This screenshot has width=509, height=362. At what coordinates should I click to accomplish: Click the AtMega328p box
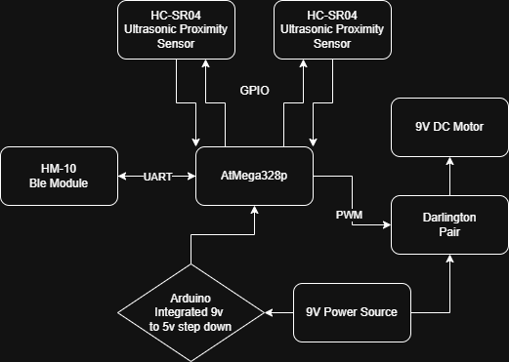tap(254, 177)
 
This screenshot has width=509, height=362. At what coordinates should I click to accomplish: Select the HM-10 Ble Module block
tap(59, 177)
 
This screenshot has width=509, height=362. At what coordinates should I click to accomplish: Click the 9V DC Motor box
tap(449, 127)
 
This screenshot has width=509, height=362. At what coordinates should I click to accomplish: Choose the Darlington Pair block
tap(449, 224)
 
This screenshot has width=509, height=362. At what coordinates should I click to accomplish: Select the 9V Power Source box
tap(352, 312)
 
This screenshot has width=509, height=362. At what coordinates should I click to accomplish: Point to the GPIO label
tap(254, 90)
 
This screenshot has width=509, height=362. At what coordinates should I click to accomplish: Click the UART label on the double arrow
tap(157, 177)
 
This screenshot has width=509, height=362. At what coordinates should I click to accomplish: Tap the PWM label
tap(349, 214)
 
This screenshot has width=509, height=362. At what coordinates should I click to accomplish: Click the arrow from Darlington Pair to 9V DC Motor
tap(449, 177)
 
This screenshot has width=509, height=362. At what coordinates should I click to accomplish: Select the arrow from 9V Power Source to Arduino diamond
tap(279, 312)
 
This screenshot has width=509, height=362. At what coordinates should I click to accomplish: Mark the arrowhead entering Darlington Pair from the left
tap(386, 224)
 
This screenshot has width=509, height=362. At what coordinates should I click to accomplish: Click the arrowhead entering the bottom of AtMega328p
tap(254, 212)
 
